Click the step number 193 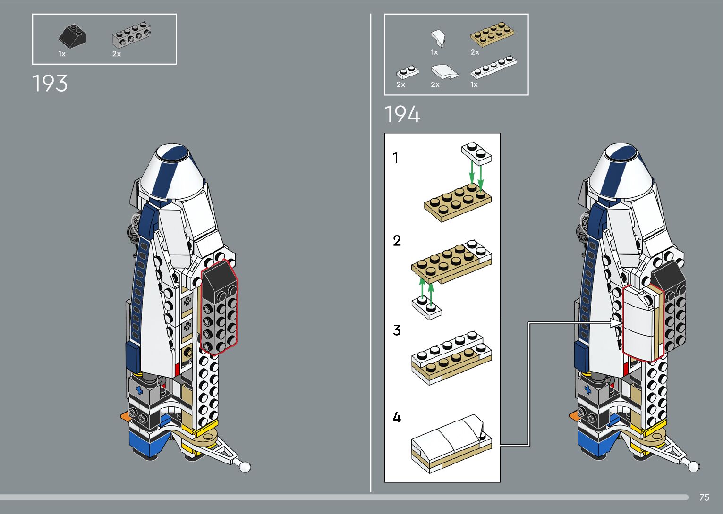(x=50, y=84)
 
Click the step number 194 (x=402, y=115)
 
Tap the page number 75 (x=704, y=497)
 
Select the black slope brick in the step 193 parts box (x=73, y=35)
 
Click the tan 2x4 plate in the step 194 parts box (x=492, y=34)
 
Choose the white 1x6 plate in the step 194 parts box (x=493, y=67)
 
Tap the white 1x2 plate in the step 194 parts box (x=407, y=72)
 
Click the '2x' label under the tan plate (x=475, y=52)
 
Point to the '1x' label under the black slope (x=62, y=54)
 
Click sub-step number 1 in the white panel (x=396, y=158)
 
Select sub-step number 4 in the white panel (x=397, y=417)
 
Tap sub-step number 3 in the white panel (x=397, y=330)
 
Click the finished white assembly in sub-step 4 (x=451, y=444)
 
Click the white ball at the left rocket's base (x=244, y=466)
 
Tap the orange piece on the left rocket (x=125, y=416)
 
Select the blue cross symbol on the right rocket (x=587, y=390)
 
